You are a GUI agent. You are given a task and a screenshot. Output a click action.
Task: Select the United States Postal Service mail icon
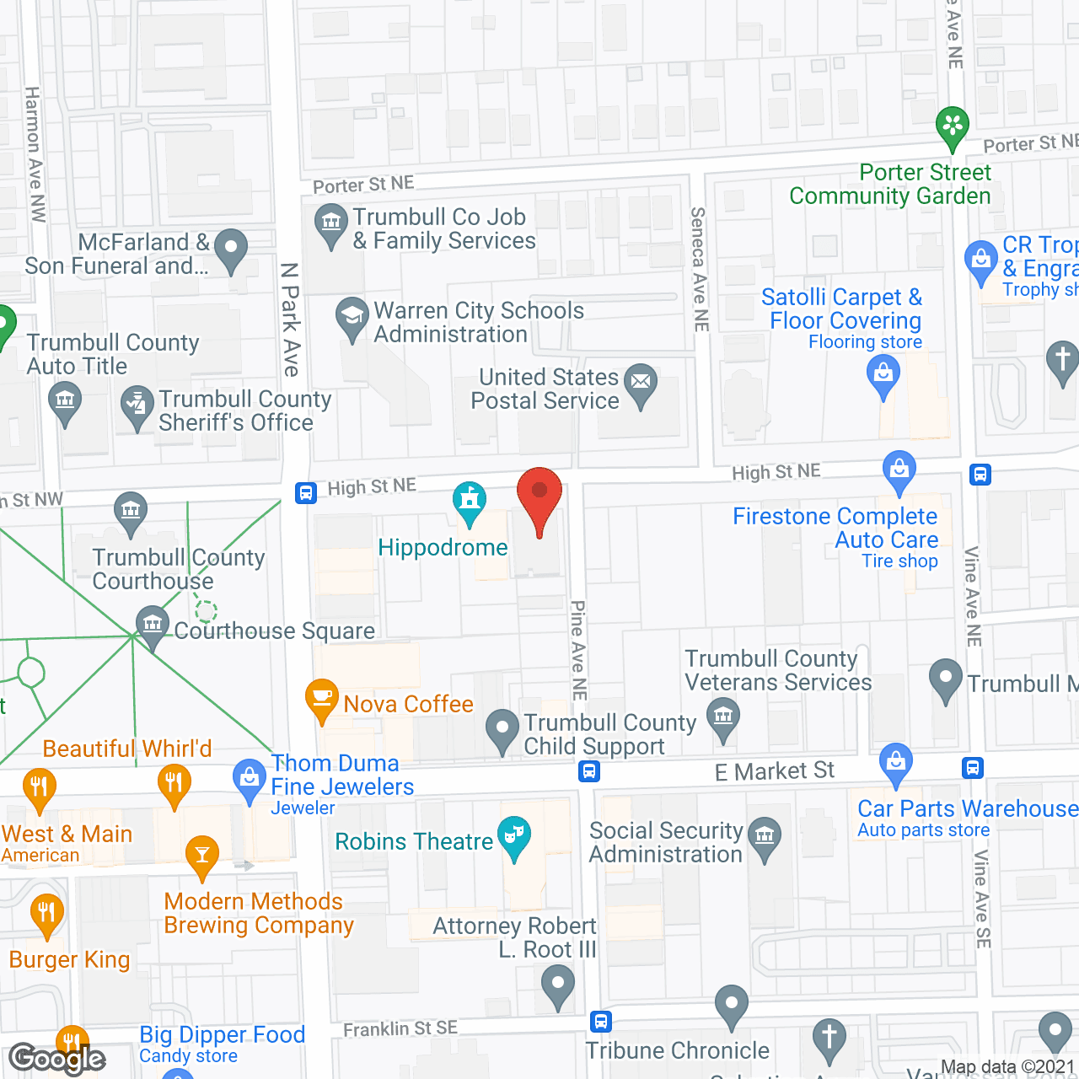point(641,382)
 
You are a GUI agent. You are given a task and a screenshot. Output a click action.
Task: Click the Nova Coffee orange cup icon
point(321,698)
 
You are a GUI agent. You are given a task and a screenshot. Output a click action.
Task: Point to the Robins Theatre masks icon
point(513,835)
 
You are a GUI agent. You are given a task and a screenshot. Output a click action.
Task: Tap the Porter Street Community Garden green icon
point(953,126)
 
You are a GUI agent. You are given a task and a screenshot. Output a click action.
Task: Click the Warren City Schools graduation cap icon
point(352,317)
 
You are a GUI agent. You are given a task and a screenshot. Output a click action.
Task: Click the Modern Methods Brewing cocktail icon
point(201,855)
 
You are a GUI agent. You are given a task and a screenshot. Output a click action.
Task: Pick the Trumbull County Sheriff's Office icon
point(137,405)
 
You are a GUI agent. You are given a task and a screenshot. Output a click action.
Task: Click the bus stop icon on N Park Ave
point(306,492)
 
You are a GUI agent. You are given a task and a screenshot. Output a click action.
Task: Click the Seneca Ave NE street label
point(699,269)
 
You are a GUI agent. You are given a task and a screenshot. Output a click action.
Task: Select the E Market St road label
point(774,771)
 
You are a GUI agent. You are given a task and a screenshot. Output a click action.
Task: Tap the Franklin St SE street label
point(400,1028)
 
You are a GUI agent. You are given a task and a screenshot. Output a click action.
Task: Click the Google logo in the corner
point(57,1058)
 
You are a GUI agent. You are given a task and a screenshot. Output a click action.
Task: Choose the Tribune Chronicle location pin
point(732,1005)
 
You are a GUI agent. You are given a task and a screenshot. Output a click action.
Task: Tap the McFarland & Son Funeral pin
point(231,249)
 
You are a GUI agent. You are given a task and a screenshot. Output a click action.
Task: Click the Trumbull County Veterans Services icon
point(722,717)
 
